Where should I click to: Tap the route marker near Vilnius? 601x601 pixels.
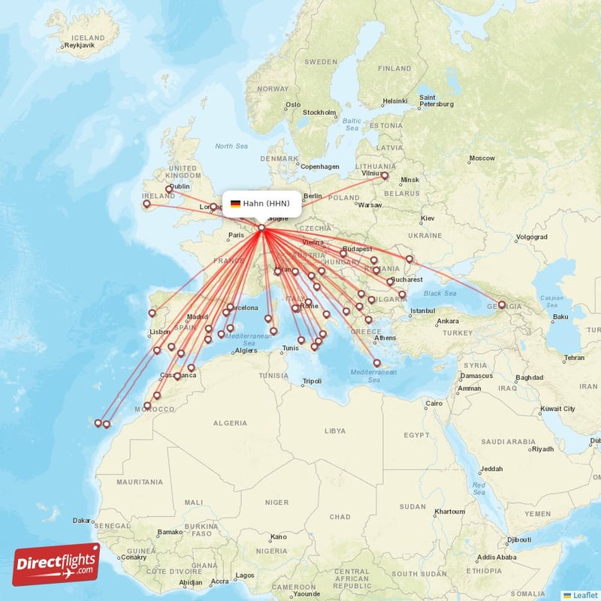[x=385, y=176]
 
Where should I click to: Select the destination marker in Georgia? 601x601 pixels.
[x=502, y=305]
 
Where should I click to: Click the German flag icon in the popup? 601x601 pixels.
[x=235, y=203]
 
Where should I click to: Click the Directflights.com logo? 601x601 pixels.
[x=56, y=564]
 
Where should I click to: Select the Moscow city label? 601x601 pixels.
[x=482, y=159]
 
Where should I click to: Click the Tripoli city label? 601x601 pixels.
[x=311, y=381]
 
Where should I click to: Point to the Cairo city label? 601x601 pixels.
[x=434, y=403]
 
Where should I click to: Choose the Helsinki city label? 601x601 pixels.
[x=394, y=101]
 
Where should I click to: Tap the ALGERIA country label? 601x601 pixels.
[x=230, y=423]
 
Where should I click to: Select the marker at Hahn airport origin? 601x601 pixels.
[x=261, y=228]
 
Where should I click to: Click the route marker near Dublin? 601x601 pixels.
[x=168, y=189]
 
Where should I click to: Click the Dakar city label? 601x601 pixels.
[x=82, y=520]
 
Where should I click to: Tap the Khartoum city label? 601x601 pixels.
[x=450, y=512]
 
